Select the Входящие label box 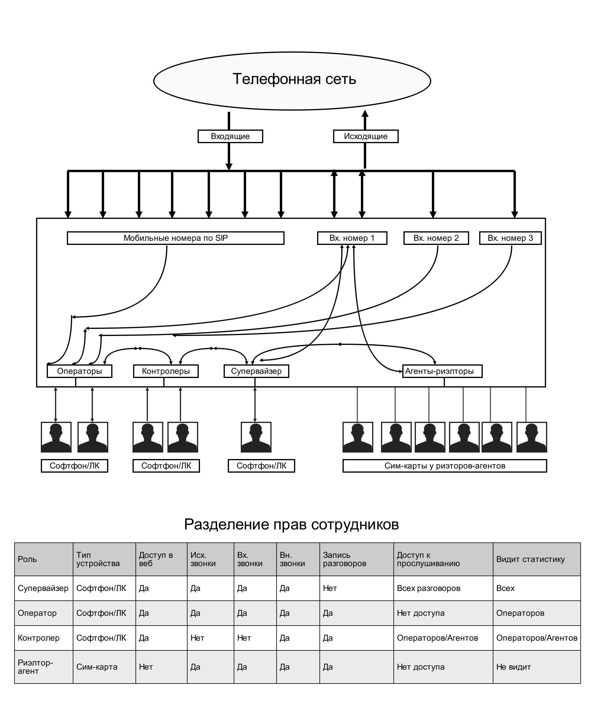pyautogui.click(x=230, y=136)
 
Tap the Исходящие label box pyautogui.click(x=366, y=136)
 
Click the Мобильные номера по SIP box pyautogui.click(x=175, y=238)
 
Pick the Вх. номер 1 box pyautogui.click(x=352, y=238)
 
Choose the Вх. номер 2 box pyautogui.click(x=436, y=238)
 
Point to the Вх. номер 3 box pyautogui.click(x=510, y=238)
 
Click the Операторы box pyautogui.click(x=80, y=371)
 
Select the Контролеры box pyautogui.click(x=166, y=371)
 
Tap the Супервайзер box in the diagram pyautogui.click(x=256, y=371)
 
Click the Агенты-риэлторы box pyautogui.click(x=442, y=371)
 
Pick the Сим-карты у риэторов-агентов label pyautogui.click(x=445, y=466)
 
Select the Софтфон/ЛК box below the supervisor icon pyautogui.click(x=261, y=466)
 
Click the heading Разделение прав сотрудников pyautogui.click(x=291, y=524)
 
